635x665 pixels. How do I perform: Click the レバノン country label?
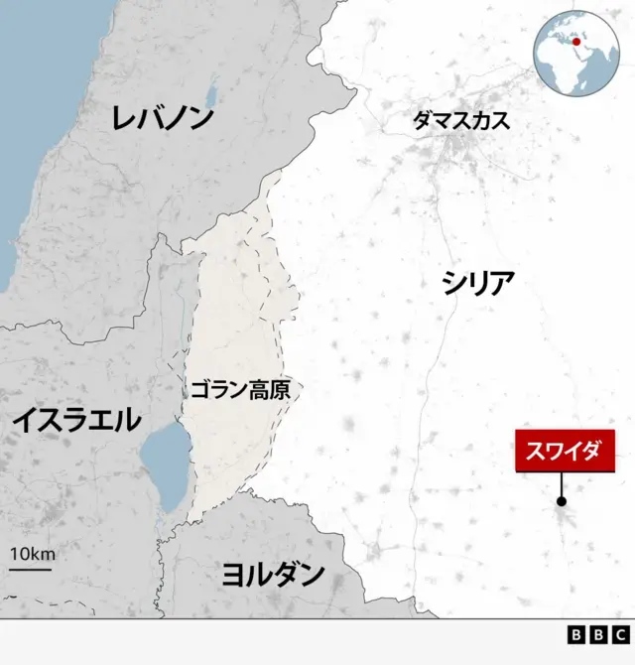pyautogui.click(x=163, y=118)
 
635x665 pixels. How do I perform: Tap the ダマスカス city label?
pyautogui.click(x=460, y=121)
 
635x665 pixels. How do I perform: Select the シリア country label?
pyautogui.click(x=478, y=284)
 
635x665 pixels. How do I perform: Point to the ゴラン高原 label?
pyautogui.click(x=239, y=390)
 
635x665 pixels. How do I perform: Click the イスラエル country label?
pyautogui.click(x=76, y=421)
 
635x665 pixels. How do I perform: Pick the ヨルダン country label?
pyautogui.click(x=273, y=573)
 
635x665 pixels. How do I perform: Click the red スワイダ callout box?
pyautogui.click(x=565, y=452)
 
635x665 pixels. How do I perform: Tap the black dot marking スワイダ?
pyautogui.click(x=562, y=502)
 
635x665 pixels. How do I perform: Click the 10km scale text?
pyautogui.click(x=32, y=554)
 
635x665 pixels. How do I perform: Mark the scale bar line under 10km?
pyautogui.click(x=31, y=569)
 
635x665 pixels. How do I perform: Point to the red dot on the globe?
pyautogui.click(x=576, y=41)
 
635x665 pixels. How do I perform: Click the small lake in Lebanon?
pyautogui.click(x=210, y=98)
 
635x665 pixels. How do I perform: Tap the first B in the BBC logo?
pyautogui.click(x=576, y=635)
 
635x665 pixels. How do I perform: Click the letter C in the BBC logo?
pyautogui.click(x=620, y=635)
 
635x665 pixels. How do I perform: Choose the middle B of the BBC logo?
pyautogui.click(x=598, y=635)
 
